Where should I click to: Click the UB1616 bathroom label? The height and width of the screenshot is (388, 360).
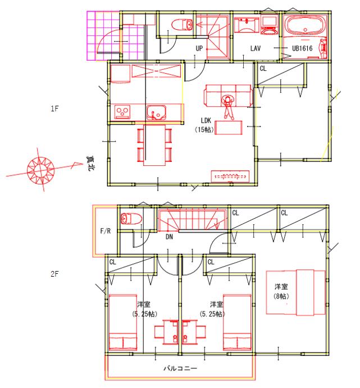pos(302,48)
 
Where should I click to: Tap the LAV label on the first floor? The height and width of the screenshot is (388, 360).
pos(255,48)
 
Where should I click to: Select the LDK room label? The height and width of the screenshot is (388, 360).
pos(206,120)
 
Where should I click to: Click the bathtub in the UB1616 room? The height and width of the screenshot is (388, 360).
pos(305,26)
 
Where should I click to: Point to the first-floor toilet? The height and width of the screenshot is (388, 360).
pos(181,25)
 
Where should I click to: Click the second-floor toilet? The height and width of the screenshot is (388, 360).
pos(131,219)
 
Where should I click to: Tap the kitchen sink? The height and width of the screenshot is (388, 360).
pos(156,112)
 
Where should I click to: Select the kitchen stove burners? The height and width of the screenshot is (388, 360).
pos(122,112)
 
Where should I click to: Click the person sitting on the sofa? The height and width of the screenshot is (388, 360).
pos(228,107)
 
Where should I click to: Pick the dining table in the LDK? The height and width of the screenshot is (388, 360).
pos(154,145)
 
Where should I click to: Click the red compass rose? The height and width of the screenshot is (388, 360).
pos(40,170)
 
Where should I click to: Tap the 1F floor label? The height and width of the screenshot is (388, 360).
pos(54,109)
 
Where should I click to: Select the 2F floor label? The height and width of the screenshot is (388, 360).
pos(54,274)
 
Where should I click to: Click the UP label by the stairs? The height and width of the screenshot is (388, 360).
pos(199,48)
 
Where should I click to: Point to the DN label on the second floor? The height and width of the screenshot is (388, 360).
pos(169,237)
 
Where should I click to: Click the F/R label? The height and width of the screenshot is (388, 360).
pos(106,231)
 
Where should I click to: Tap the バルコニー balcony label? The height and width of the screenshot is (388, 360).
pos(181,368)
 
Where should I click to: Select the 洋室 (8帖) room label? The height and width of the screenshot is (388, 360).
pos(281,291)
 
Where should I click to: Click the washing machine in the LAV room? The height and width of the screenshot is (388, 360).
pos(269,25)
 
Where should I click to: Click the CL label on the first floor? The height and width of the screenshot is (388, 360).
pos(263,68)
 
